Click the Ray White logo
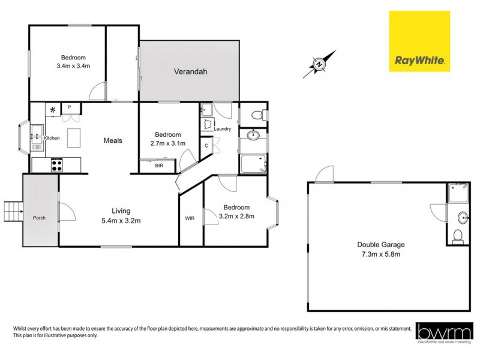(x=419, y=41)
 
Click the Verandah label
(x=190, y=71)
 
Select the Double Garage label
(x=381, y=244)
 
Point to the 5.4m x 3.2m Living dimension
(x=121, y=220)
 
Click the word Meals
(x=112, y=140)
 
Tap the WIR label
(x=190, y=217)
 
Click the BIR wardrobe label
(x=159, y=165)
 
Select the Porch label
(x=40, y=217)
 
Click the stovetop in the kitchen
(x=58, y=164)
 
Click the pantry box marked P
(x=70, y=107)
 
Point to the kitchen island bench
(x=74, y=139)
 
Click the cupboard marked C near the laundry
(x=207, y=145)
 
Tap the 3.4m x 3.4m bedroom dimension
(x=73, y=65)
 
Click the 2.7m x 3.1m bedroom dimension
(x=168, y=143)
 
